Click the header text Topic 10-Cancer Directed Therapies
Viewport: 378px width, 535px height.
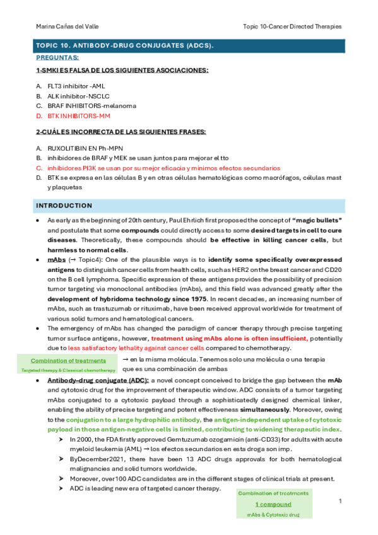[292, 26]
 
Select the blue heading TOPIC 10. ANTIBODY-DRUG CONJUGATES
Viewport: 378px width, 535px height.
[124, 46]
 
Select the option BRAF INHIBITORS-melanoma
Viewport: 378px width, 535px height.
[91, 106]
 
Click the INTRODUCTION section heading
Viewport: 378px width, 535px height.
[64, 206]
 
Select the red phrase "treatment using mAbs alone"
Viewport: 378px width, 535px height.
[198, 338]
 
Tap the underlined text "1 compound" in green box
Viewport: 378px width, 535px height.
[273, 504]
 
